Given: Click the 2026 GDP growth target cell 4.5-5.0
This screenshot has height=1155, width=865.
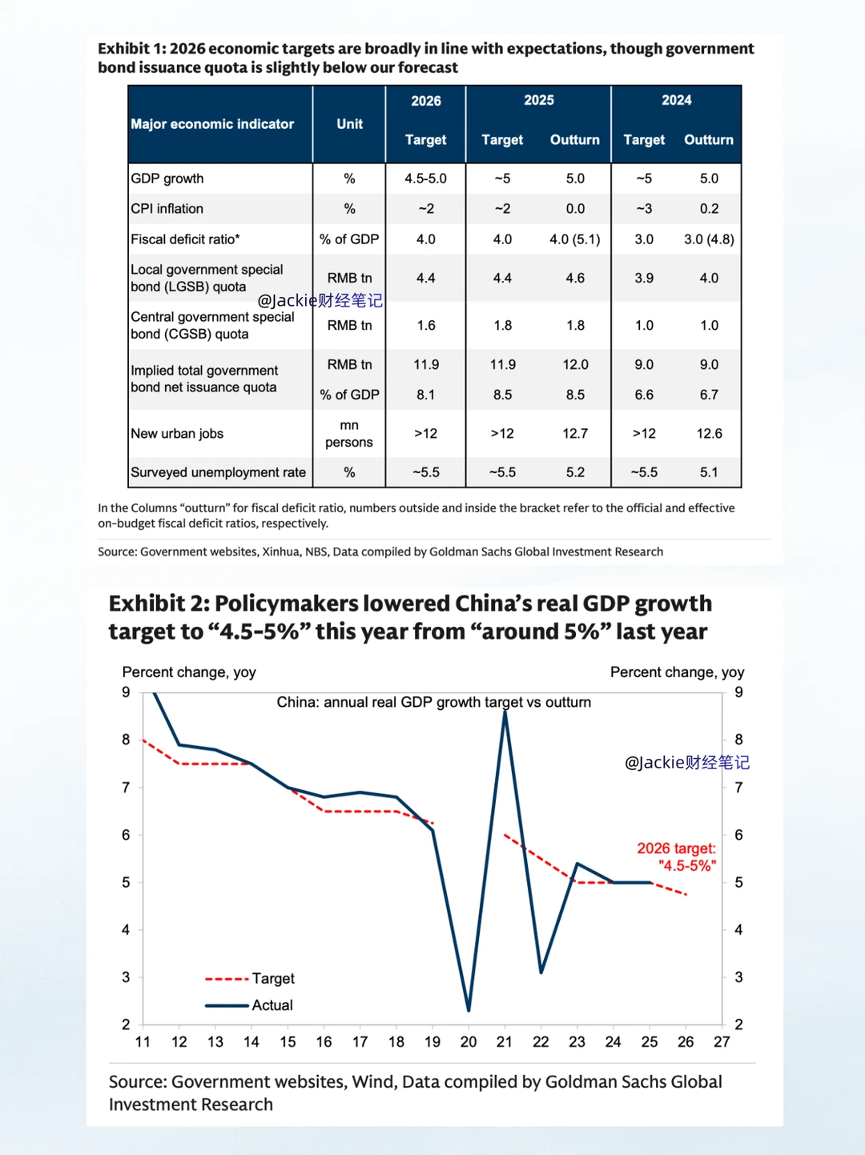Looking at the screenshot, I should (x=425, y=178).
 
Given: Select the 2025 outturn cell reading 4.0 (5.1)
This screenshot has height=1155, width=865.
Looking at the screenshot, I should (x=574, y=239).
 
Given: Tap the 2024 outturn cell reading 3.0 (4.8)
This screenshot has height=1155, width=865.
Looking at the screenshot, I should (x=709, y=239).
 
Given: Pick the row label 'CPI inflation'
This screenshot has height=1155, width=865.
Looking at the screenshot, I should (x=167, y=209).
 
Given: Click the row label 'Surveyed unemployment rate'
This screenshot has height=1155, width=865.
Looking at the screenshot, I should (x=218, y=472).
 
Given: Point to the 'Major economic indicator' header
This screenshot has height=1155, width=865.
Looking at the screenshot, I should (x=212, y=124).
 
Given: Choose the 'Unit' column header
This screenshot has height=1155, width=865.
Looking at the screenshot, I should (x=349, y=124).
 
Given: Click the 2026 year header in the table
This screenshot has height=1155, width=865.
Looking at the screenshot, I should (x=425, y=101).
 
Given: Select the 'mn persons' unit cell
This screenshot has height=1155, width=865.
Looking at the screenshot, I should (x=349, y=434).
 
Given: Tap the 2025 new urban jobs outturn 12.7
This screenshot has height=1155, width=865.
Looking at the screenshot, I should (x=574, y=434).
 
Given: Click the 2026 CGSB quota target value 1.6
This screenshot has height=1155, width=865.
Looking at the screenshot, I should (x=425, y=326).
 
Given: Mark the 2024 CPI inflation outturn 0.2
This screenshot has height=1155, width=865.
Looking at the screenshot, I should (x=709, y=209).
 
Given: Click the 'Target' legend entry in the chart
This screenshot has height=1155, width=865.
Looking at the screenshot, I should (x=272, y=979).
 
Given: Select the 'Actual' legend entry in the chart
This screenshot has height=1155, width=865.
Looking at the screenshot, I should (x=272, y=1005).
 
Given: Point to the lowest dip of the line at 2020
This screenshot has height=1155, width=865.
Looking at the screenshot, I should (x=469, y=1009).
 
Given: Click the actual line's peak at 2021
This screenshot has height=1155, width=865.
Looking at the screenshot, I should (x=505, y=712).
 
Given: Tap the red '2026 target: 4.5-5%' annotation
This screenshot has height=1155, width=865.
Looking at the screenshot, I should (x=677, y=856).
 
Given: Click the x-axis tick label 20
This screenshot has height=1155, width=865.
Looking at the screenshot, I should (x=469, y=1042).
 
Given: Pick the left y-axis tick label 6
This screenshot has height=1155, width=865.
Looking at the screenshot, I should (x=126, y=835).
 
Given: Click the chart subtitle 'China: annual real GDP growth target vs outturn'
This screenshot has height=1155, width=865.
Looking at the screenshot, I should (x=433, y=702).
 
